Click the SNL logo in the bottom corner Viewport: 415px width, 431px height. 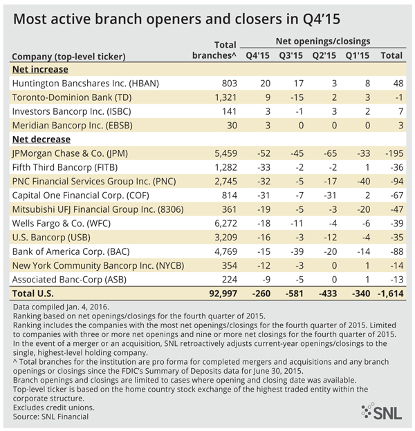(381, 411)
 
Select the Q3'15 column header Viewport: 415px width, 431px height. (291, 55)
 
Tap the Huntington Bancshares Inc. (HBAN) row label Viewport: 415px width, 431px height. (86, 84)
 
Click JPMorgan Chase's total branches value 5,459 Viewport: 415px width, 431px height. (225, 153)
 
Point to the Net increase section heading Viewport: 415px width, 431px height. (40, 69)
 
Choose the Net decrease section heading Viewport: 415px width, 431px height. (41, 140)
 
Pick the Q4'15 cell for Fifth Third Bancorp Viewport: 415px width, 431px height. (264, 167)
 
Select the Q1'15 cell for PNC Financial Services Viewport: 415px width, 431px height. (364, 181)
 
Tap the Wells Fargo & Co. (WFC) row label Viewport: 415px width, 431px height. (62, 223)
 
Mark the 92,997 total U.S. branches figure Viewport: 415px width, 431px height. (223, 294)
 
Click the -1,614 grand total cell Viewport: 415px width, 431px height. (391, 294)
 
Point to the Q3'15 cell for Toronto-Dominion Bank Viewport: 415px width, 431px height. (297, 97)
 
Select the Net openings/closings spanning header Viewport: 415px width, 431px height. (323, 41)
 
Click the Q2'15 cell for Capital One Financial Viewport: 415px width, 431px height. (330, 195)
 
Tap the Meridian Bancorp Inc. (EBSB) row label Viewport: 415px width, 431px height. (73, 125)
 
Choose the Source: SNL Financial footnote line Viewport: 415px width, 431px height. (50, 416)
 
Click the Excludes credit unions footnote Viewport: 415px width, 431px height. (54, 408)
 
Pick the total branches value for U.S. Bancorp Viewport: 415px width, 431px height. (225, 237)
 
